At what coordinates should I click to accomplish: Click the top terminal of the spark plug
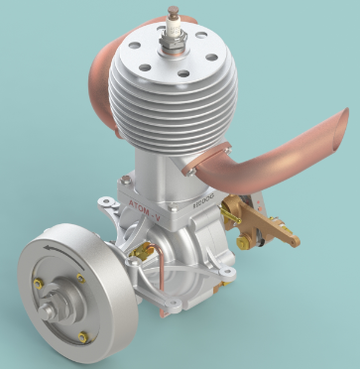tap(173, 12)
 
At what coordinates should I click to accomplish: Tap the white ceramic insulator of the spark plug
tap(173, 25)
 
